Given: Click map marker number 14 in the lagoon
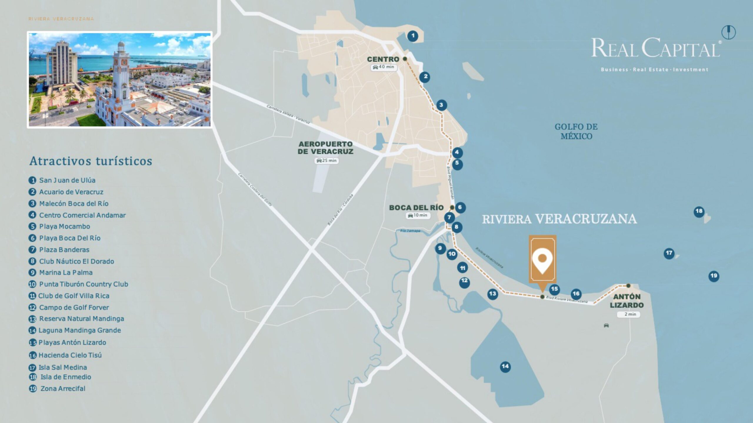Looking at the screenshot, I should point(505,366).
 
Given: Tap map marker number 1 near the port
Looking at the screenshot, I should point(413,36).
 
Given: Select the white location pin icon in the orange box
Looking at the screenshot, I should point(542,260).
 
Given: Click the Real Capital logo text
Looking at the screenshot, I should point(656,48).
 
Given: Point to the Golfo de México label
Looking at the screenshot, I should point(576,131).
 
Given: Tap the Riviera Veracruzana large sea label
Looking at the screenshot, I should point(559,219).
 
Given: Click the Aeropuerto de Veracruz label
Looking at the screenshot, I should point(325,148).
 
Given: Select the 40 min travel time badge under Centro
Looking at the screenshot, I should point(384,67).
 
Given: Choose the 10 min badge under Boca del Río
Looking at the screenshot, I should point(418,215).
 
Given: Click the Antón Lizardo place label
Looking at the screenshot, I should point(627,301).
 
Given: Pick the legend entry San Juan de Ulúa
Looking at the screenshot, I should point(67,180).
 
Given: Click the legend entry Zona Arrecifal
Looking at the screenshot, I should point(63,388).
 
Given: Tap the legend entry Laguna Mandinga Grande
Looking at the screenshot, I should point(79,330).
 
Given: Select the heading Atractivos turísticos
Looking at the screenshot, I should point(91,161).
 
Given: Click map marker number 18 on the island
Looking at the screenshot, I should point(699,211).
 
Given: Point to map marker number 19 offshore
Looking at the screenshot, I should point(714,276).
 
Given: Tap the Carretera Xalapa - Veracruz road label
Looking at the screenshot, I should point(288,114).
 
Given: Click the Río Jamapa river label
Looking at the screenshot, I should point(410,231).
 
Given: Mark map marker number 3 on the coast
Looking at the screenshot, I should point(441,105).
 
